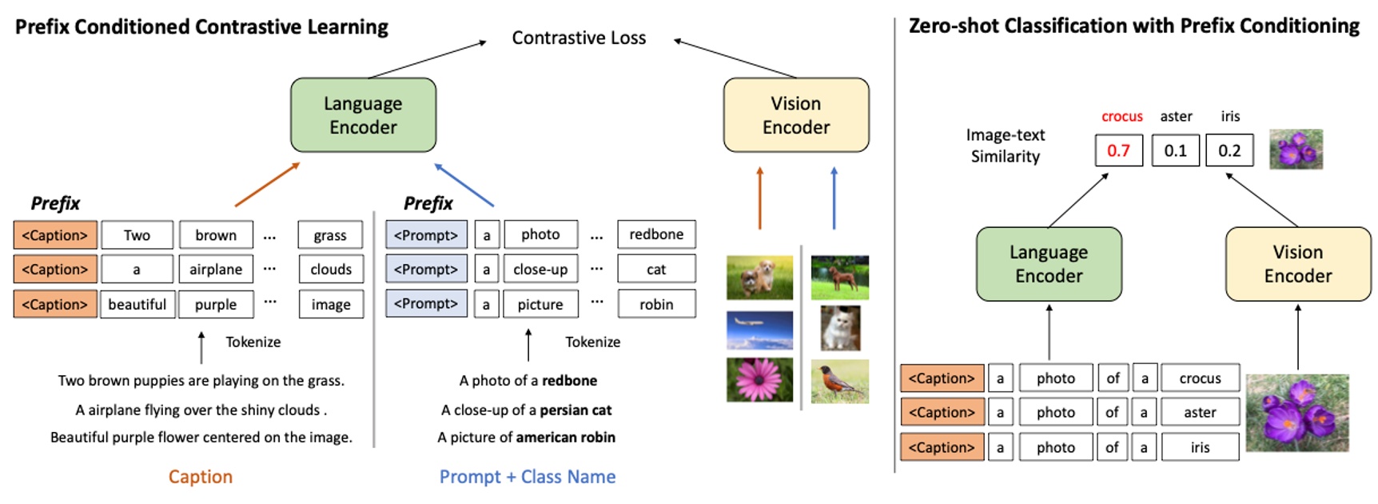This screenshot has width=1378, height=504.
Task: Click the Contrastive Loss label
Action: pos(579,38)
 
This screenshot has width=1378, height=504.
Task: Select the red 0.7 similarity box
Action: pos(1118,150)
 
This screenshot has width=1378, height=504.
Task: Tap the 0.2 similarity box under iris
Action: pos(1229,150)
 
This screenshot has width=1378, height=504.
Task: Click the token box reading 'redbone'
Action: pos(656,234)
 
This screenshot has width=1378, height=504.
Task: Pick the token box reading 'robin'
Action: pos(656,304)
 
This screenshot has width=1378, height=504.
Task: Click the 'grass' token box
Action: pos(330,235)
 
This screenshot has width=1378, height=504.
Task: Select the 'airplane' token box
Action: pos(216,270)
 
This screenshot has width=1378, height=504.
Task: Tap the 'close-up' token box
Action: pos(540,270)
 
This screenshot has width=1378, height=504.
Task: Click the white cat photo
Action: pos(840,328)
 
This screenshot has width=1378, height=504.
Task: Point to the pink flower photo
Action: pos(759,379)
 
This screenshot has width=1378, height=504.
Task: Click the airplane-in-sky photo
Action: pos(759,330)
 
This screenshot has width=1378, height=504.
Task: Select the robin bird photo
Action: pos(839,381)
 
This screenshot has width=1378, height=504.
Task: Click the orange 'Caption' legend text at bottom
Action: pos(200,477)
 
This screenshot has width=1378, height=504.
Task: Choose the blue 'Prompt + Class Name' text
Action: pos(528,477)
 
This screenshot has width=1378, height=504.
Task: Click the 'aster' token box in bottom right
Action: pos(1200,413)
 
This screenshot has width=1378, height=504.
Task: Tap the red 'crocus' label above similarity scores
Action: pos(1121,117)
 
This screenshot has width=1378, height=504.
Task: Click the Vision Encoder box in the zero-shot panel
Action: pos(1297,264)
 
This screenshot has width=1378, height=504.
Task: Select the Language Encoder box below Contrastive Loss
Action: pos(363,115)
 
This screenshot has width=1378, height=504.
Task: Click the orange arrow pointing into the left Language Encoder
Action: pos(267,185)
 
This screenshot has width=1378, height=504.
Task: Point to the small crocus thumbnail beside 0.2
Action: pos(1296,149)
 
